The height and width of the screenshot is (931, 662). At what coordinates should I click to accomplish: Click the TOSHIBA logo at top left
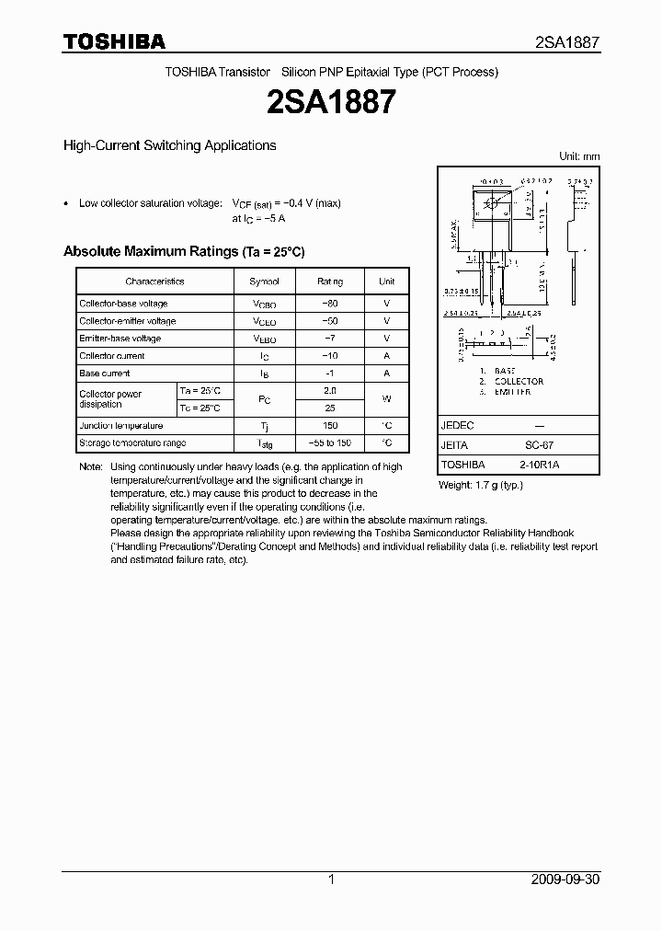(x=114, y=41)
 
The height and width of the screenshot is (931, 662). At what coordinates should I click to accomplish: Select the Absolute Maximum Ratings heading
(x=183, y=251)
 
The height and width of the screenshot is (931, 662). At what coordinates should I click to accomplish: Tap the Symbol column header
(x=264, y=282)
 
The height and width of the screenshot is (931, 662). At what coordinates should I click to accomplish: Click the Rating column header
(x=330, y=282)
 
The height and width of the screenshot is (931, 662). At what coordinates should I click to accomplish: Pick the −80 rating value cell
(x=330, y=304)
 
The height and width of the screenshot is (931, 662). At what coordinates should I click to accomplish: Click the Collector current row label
(x=112, y=356)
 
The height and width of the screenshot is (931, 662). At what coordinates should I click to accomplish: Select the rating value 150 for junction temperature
(x=330, y=426)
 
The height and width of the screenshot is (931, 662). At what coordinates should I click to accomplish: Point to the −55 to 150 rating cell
(x=330, y=443)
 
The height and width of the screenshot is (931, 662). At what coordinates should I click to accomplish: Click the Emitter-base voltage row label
(x=120, y=339)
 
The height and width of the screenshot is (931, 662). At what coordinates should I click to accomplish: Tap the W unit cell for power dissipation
(x=387, y=399)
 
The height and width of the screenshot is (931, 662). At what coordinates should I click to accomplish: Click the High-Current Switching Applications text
(x=169, y=145)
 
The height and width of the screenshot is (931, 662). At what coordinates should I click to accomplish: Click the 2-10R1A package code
(x=539, y=465)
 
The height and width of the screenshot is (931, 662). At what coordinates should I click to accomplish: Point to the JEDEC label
(x=457, y=426)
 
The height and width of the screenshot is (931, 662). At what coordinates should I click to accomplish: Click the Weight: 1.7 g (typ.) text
(x=481, y=484)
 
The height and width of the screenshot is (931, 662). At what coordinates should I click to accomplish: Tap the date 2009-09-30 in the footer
(x=565, y=879)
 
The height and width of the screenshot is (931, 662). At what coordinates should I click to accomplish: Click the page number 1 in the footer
(x=331, y=879)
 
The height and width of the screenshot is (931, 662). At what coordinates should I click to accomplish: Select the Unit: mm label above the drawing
(x=579, y=156)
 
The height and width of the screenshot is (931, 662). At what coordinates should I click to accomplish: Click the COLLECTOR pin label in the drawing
(x=519, y=381)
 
